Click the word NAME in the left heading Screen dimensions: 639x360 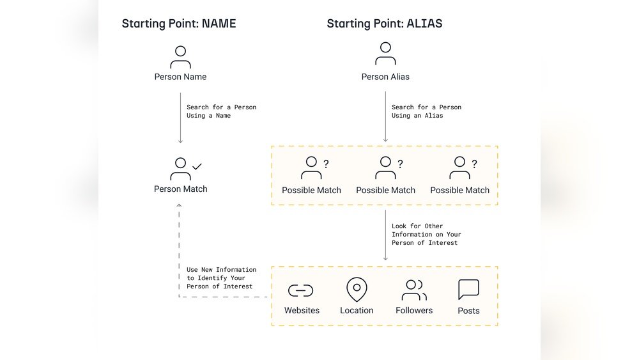219,23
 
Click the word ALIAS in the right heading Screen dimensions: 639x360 424,23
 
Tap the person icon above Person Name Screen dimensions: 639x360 181,57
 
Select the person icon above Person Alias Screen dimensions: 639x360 385,54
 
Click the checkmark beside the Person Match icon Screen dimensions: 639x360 197,166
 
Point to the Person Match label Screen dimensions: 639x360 181,189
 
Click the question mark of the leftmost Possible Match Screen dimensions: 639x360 326,164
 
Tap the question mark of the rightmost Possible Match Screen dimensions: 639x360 474,164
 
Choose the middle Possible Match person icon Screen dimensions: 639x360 385,168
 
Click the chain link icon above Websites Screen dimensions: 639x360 301,290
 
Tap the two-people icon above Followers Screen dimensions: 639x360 414,290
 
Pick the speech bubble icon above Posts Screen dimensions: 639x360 468,290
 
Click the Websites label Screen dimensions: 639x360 302,310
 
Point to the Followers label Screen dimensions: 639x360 414,310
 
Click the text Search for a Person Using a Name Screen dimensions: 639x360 221,111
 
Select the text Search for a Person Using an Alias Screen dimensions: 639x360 427,111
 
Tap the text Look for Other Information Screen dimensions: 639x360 426,230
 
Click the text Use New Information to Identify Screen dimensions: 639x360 221,274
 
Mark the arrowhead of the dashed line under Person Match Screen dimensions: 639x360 179,205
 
